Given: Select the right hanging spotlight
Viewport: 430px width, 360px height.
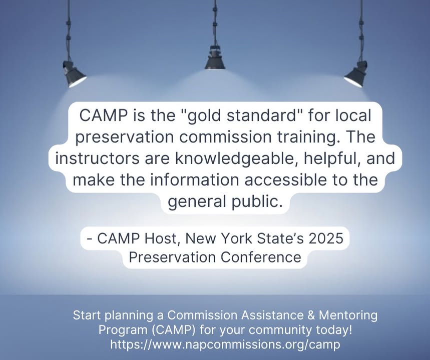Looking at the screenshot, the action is pos(356,73).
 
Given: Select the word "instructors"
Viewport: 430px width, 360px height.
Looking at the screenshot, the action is pos(97,158).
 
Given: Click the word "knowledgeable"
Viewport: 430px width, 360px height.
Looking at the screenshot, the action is pos(236,159).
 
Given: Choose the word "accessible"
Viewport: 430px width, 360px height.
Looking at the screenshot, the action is pos(285,180).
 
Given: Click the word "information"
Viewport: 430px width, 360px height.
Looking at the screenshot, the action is pos(194,180).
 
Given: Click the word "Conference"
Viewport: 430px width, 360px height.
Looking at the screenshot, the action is pos(261,257).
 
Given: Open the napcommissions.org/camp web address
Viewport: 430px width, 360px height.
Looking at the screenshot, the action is pos(225,344).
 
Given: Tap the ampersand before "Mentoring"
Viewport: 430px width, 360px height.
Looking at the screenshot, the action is pos(311,315).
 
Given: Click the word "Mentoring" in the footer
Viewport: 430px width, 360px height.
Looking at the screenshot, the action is pos(348,316).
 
